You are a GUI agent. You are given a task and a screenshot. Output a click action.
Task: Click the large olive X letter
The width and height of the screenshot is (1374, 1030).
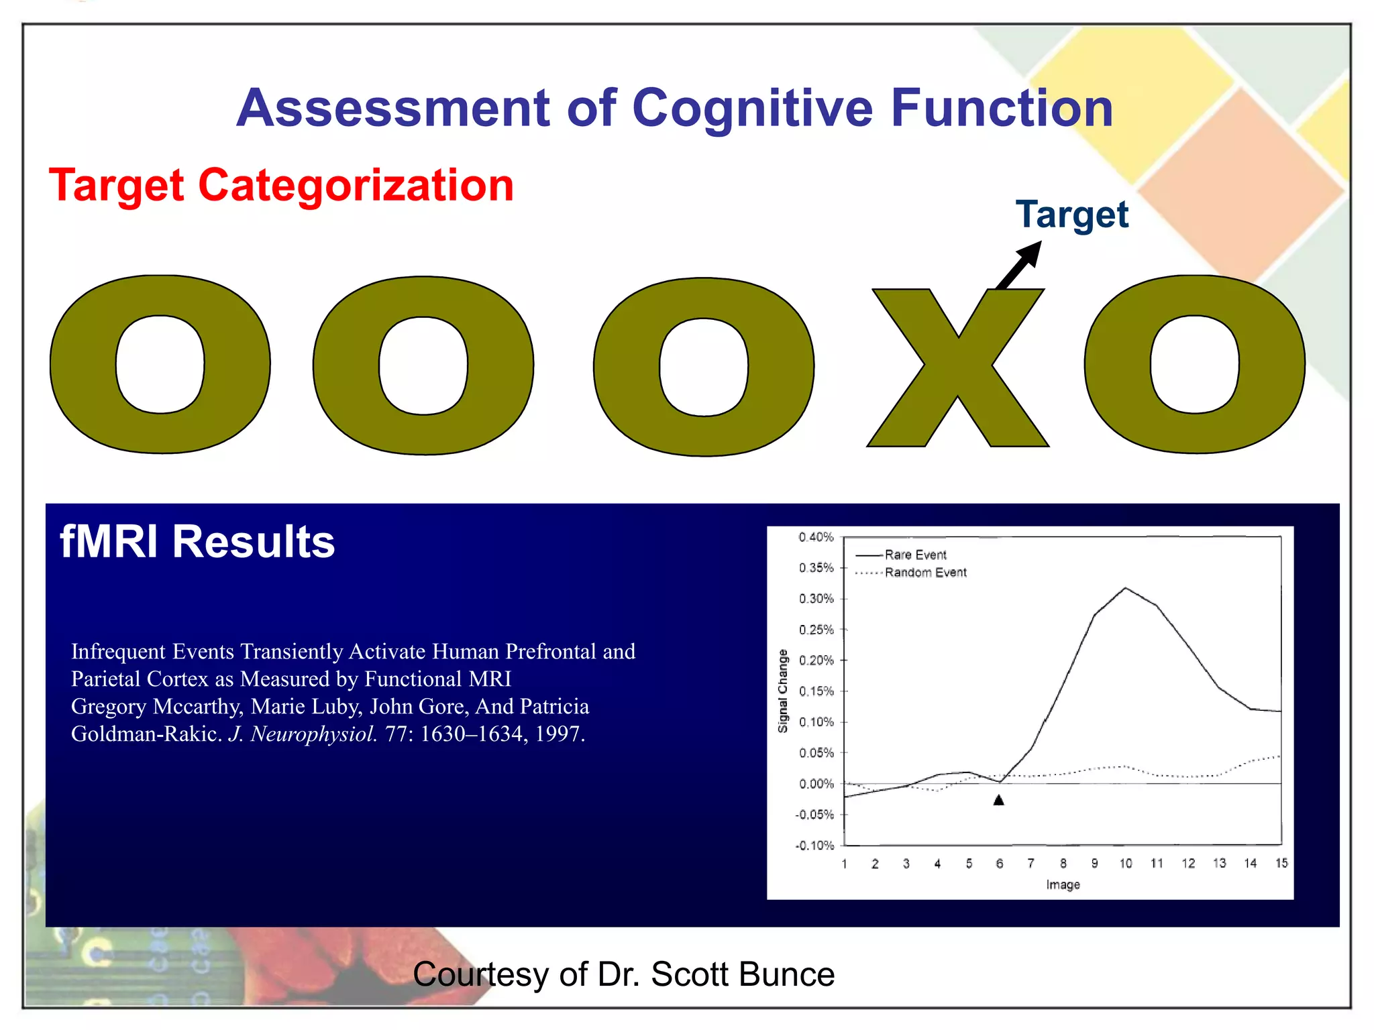coord(957,368)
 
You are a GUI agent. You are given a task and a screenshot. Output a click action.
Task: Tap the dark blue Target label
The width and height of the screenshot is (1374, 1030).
coord(1071,215)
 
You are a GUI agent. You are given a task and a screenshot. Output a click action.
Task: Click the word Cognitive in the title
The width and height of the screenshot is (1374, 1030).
coord(752,109)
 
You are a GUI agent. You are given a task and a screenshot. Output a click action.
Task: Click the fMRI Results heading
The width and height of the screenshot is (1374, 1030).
coord(197,542)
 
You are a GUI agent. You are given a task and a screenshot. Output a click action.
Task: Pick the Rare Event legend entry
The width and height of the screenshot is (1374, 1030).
coord(914,555)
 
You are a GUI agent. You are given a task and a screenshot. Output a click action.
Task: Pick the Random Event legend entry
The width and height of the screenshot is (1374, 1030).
coord(925,573)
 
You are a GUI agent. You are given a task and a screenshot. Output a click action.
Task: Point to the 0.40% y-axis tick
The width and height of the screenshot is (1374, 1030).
coord(816,537)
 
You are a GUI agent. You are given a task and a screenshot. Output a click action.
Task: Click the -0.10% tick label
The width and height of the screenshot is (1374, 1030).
coord(814,846)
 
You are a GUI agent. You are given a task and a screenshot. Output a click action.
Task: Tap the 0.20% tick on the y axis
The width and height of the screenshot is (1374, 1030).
coord(816,661)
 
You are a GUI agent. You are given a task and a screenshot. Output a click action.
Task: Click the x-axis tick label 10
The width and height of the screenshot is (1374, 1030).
coord(1125,864)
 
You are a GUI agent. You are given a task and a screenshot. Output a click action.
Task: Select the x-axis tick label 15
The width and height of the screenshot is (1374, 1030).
coord(1281,864)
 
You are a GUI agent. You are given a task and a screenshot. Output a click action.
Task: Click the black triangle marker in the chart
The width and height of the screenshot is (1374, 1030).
coord(998,800)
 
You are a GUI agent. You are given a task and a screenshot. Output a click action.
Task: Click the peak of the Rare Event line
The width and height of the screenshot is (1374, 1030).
coord(1125,589)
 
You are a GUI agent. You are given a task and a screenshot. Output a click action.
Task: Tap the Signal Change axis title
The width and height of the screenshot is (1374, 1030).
coord(782,691)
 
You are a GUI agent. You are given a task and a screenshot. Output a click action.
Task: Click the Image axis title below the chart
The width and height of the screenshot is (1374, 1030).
coord(1063,885)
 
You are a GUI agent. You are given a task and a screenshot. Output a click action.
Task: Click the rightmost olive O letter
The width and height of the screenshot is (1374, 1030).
coord(1194,365)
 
